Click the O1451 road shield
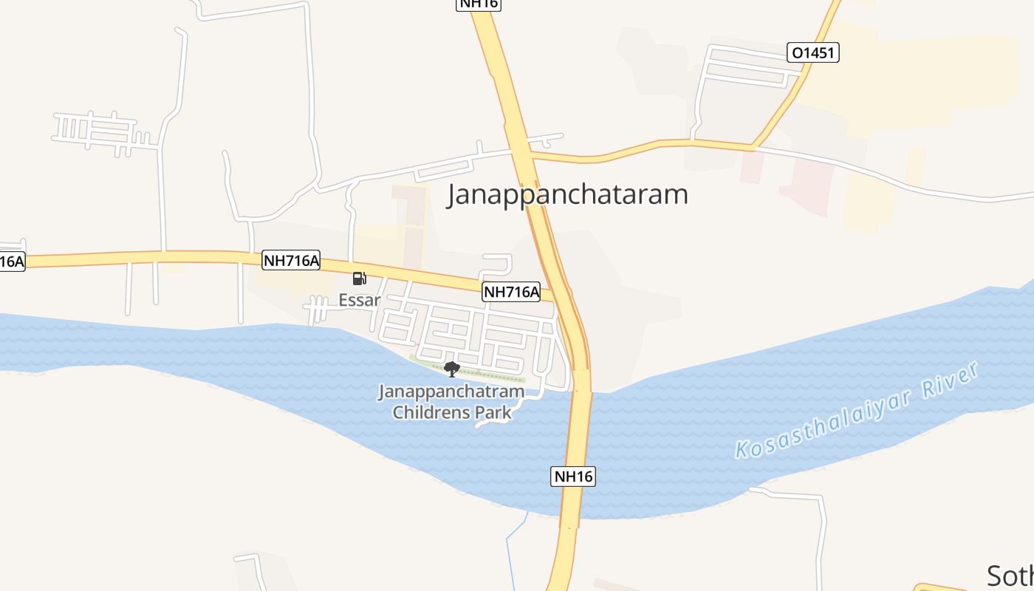click(x=813, y=52)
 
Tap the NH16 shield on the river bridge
click(x=573, y=476)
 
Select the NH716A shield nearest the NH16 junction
click(x=511, y=292)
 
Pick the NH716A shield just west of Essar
click(x=291, y=260)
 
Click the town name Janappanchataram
click(x=567, y=194)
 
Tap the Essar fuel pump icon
click(x=359, y=279)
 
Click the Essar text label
click(x=359, y=300)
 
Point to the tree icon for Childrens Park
click(x=451, y=369)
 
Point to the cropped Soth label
click(x=1010, y=575)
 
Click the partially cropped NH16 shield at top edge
click(x=479, y=4)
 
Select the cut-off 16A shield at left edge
click(x=11, y=262)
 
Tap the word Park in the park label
click(x=493, y=412)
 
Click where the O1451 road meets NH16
click(x=530, y=155)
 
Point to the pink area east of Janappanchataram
click(x=809, y=185)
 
